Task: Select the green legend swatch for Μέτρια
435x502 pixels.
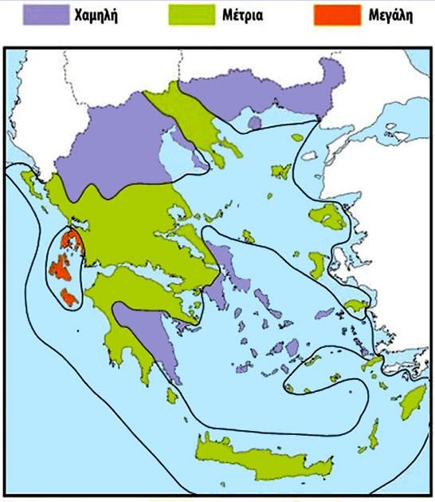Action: (x=191, y=14)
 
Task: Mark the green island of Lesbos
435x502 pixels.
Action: (x=327, y=215)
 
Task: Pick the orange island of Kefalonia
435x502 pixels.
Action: (x=59, y=267)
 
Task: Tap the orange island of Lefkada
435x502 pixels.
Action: (x=70, y=239)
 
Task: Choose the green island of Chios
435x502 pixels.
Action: (x=317, y=264)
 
